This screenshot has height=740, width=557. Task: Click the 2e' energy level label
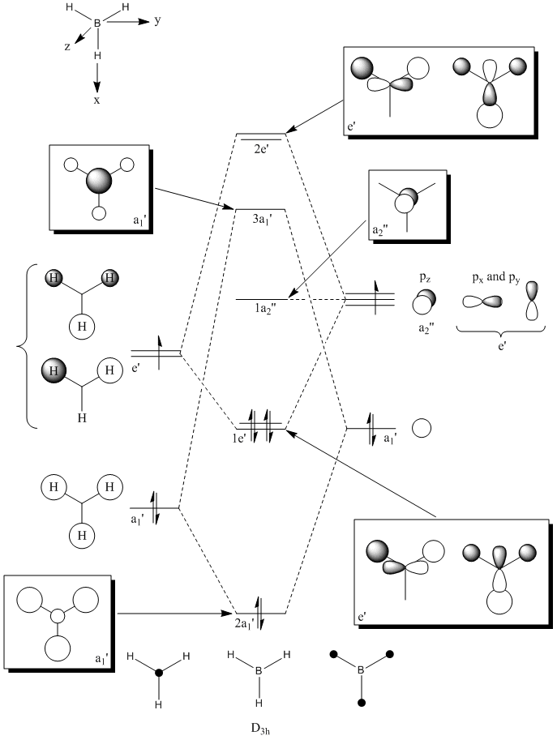coord(260,148)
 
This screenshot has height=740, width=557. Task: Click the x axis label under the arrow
coord(96,100)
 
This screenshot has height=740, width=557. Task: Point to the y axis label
coord(156,21)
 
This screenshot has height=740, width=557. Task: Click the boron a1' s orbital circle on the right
coord(422,427)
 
